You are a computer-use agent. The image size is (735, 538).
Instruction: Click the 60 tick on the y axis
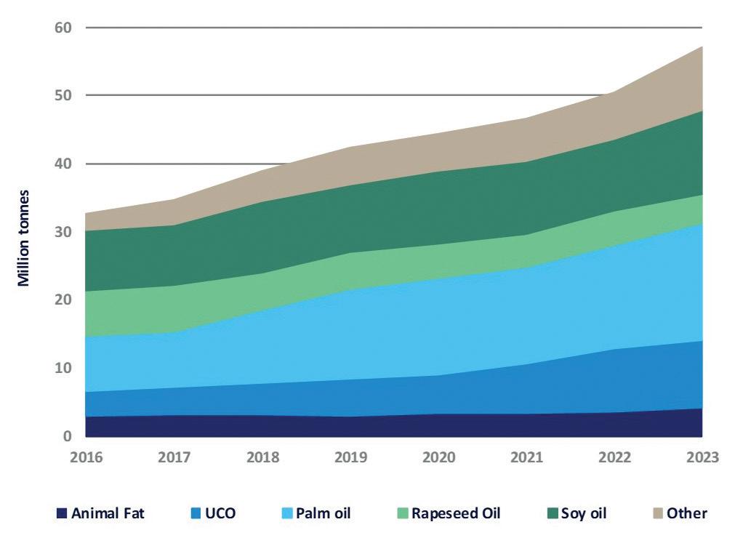pos(63,28)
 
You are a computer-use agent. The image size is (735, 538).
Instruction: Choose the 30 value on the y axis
pos(63,232)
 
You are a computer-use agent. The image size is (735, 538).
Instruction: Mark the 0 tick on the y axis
pos(68,436)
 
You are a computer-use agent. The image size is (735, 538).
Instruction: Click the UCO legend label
pos(221,514)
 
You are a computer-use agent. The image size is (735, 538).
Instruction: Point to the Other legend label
pos(687,514)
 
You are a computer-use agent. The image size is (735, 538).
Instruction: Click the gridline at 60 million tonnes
pos(393,28)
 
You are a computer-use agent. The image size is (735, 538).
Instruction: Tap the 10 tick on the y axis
pos(63,368)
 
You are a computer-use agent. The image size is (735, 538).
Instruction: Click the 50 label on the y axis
pos(63,95)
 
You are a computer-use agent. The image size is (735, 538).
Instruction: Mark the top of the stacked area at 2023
pos(702,47)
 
